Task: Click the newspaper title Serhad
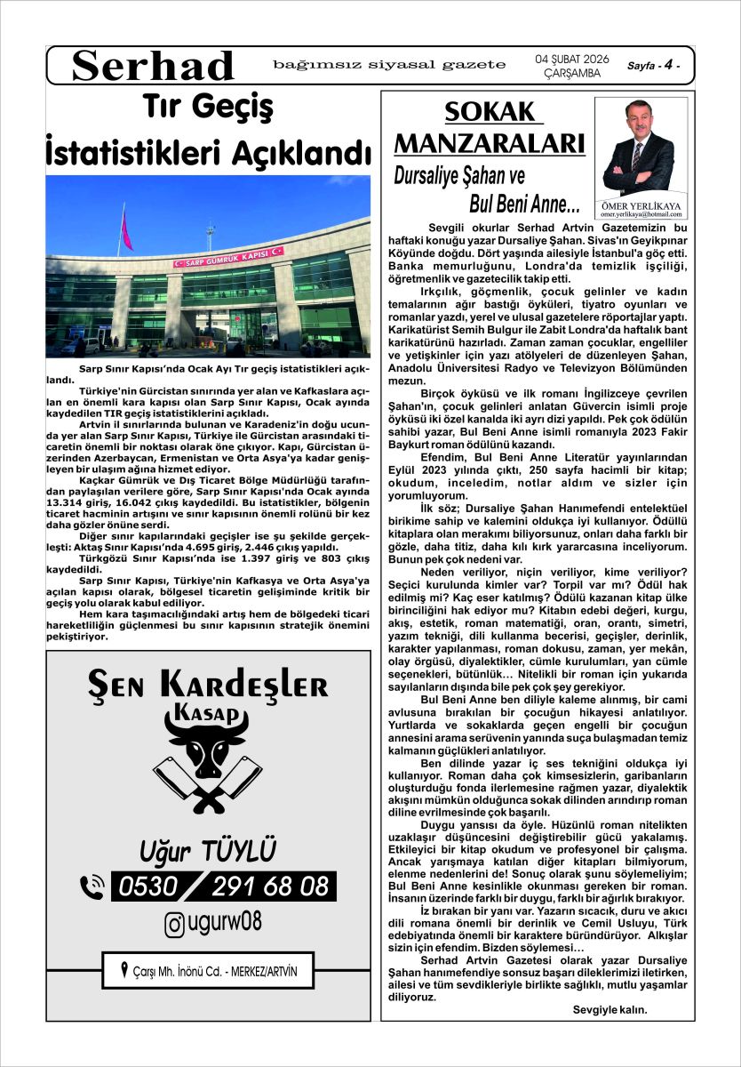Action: tap(153, 66)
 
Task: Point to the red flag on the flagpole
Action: tap(126, 230)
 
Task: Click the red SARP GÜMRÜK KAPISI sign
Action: tap(228, 255)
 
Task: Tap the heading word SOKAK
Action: tap(490, 114)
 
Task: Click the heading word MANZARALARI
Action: tap(489, 143)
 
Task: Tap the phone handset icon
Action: tap(92, 886)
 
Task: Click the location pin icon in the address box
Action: tap(124, 969)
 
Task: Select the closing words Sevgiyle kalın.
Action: tap(610, 1010)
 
